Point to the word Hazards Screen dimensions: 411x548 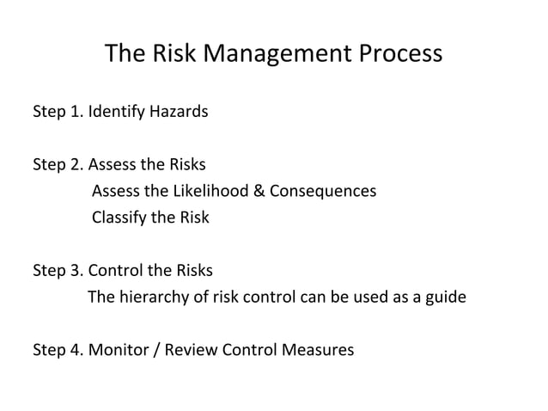tap(179, 112)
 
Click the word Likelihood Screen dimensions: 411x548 tap(212, 191)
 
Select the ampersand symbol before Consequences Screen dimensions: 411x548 tap(259, 191)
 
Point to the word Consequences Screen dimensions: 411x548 tap(323, 191)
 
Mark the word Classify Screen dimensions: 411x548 tap(119, 218)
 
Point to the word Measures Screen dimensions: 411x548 tap(318, 351)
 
